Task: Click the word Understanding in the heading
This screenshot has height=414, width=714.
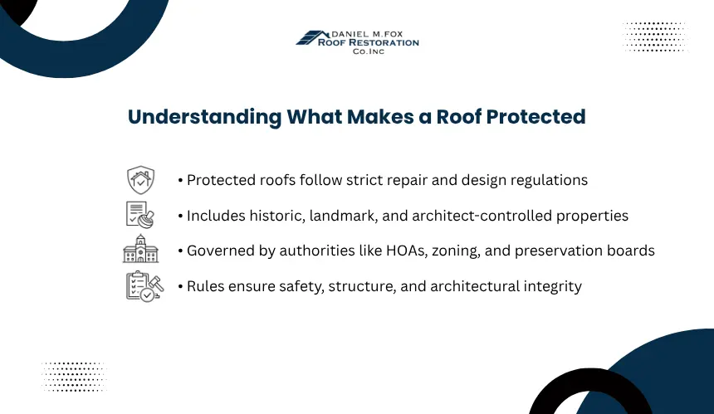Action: (205, 117)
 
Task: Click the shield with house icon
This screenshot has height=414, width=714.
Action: (140, 180)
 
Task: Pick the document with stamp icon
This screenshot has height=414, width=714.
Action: (140, 215)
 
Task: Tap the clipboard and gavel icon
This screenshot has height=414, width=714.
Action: (144, 286)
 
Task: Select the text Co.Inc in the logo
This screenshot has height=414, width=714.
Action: (369, 51)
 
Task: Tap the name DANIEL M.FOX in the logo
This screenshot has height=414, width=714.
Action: (367, 34)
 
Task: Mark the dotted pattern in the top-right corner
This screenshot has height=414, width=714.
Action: (654, 37)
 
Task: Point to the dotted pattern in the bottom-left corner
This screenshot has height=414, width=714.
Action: (74, 377)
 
